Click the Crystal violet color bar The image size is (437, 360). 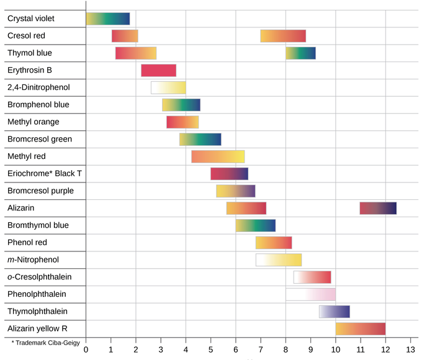tap(108, 19)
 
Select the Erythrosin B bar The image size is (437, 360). tap(158, 70)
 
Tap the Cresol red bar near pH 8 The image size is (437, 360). tap(283, 36)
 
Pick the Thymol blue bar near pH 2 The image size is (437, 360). tap(136, 53)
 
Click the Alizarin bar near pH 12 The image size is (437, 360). tap(378, 208)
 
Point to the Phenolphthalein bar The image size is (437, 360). tap(310, 294)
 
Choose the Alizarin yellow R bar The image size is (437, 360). tap(361, 328)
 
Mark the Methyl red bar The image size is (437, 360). tap(218, 156)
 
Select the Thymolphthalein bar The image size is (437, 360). tap(334, 312)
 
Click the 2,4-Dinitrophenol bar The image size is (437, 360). tap(168, 88)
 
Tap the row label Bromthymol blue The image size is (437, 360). tap(38, 225)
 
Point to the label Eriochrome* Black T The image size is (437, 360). tap(44, 174)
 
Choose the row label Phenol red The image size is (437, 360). tap(28, 243)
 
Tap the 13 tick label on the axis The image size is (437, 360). tap(410, 348)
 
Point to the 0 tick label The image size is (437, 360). tap(86, 348)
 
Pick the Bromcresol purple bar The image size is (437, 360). tap(236, 191)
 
